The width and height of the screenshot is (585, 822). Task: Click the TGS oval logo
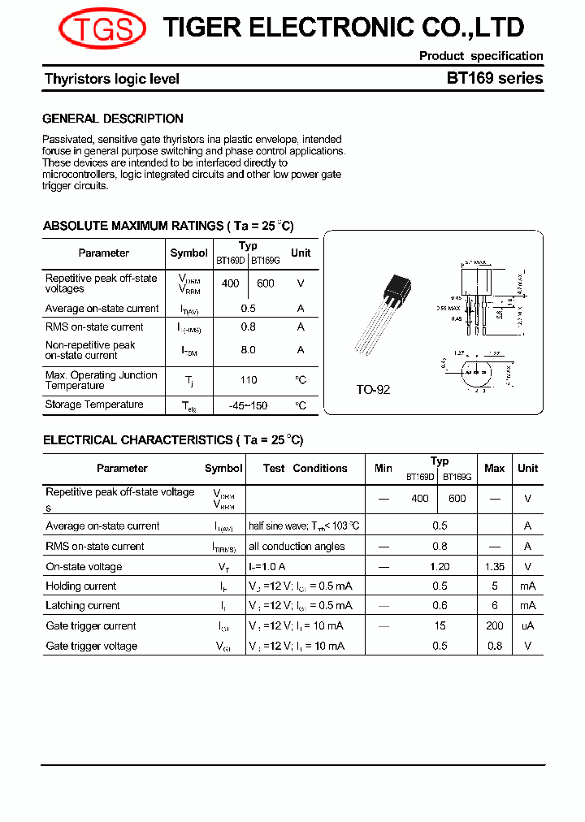point(102,30)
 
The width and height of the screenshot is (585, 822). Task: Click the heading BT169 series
point(494,79)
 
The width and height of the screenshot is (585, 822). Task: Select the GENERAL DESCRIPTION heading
point(113,119)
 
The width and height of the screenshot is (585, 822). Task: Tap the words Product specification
point(481,56)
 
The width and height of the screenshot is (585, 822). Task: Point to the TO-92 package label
point(373,390)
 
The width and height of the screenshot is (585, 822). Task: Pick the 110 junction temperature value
point(249,380)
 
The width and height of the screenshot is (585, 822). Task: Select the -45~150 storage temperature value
point(249,405)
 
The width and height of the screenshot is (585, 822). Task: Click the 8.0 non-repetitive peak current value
point(249,350)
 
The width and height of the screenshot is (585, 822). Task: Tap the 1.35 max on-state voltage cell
point(494,567)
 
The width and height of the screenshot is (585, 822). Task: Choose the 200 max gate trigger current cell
point(494,626)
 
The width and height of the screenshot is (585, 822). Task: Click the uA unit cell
point(528,626)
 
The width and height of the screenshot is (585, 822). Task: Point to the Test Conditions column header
point(305,469)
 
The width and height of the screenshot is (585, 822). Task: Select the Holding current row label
point(81,586)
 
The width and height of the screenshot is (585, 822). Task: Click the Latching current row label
point(83,606)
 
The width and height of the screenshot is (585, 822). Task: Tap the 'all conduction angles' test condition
point(297,547)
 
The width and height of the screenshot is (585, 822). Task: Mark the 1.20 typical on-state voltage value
point(440,567)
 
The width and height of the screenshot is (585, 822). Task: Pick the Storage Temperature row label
point(94,405)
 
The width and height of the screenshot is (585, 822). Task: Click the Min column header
point(383,469)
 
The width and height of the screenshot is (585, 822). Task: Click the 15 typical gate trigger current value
point(440,626)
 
